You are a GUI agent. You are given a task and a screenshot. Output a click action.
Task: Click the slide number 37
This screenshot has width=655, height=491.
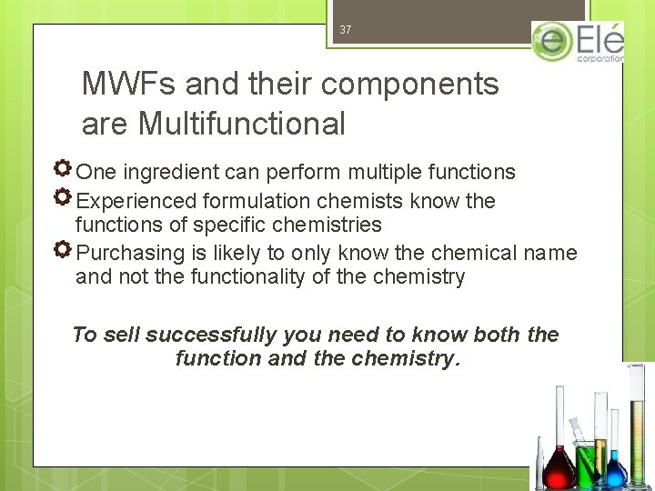pyautogui.click(x=345, y=30)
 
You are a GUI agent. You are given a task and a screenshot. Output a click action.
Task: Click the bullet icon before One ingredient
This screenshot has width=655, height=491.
pyautogui.click(x=63, y=170)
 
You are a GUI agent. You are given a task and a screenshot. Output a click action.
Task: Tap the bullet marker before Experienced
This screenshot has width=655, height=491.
pyautogui.click(x=63, y=198)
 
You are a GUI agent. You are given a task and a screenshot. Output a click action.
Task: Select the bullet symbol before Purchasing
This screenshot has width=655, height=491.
pyautogui.click(x=63, y=251)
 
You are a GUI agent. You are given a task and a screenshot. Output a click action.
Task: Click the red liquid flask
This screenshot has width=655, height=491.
pyautogui.click(x=555, y=469)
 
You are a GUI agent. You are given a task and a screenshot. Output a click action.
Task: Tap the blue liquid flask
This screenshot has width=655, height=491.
pyautogui.click(x=616, y=469)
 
